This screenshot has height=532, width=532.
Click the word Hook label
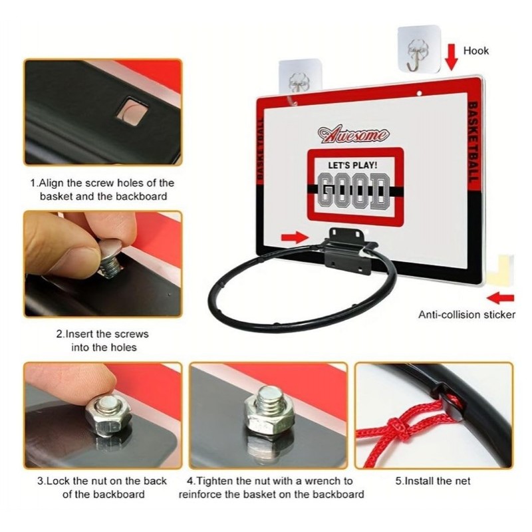476,51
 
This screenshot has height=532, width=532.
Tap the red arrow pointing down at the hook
452,57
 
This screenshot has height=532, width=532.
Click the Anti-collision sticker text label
467,315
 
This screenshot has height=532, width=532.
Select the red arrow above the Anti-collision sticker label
501,299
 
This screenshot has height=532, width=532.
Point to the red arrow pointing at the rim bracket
295,237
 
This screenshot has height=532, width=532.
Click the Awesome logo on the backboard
353,134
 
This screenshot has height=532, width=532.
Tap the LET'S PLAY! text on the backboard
352,165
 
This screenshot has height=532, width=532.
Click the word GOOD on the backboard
354,192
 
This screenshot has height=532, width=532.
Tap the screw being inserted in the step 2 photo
110,259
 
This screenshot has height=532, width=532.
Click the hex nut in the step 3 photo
108,416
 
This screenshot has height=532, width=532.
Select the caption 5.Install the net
433,481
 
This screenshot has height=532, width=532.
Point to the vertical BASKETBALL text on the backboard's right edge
473,142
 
